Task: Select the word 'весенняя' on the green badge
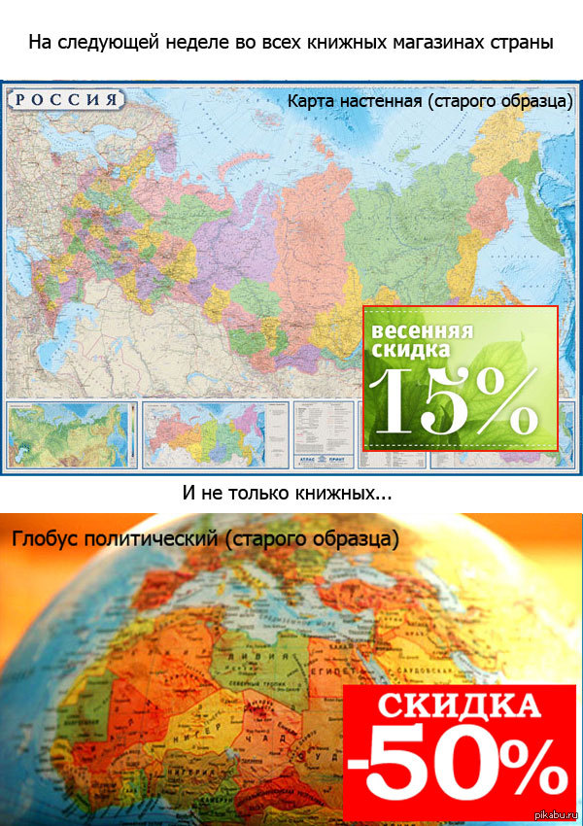(423, 331)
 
